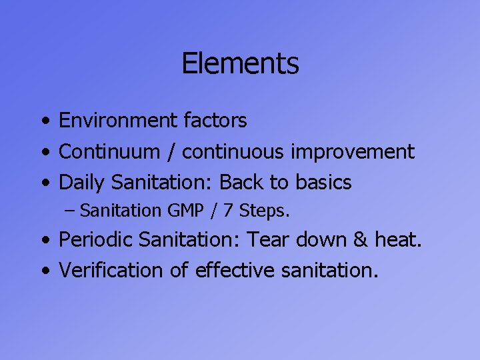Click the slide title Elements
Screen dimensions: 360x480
[x=240, y=64]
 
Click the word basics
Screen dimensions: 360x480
[x=324, y=182]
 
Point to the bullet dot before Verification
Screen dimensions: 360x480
[x=43, y=271]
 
